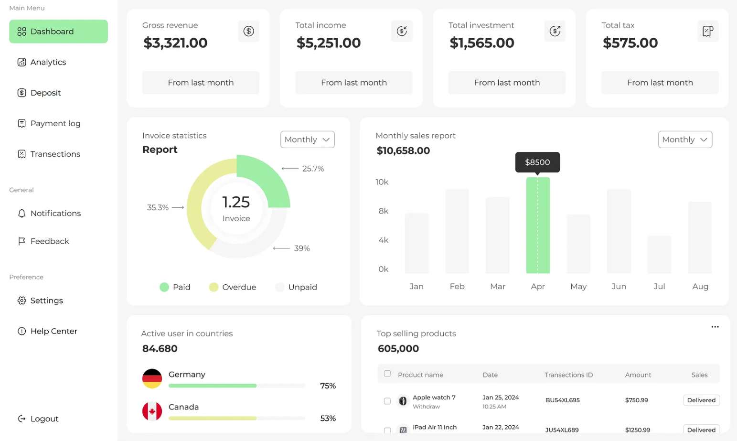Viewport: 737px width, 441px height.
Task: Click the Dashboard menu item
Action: coord(58,32)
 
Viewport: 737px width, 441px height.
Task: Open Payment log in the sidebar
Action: coord(55,123)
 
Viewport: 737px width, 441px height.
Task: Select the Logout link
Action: coord(44,419)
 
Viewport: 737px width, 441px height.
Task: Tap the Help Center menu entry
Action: coord(53,331)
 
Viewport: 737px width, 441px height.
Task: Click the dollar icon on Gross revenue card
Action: coord(248,31)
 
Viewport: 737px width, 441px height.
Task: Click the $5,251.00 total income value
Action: coord(328,43)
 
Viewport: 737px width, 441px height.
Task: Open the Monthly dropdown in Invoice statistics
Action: coord(307,140)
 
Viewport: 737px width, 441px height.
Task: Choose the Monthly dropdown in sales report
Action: coord(684,140)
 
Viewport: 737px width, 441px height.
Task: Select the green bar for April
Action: coord(538,225)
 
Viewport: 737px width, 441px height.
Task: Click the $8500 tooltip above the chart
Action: coord(537,162)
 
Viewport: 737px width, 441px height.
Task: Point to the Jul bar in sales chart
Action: coord(659,254)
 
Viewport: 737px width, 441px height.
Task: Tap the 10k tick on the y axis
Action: coord(382,182)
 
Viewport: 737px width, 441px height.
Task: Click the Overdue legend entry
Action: coord(233,287)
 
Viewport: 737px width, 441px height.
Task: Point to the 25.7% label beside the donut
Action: coord(313,169)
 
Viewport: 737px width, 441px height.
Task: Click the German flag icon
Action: coord(152,378)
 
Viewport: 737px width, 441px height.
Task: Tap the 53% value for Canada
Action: coord(328,419)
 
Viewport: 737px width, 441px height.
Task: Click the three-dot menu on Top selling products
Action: coord(715,327)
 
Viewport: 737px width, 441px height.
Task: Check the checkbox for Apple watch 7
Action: coord(387,401)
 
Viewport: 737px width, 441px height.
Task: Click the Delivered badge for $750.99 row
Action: coord(701,400)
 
